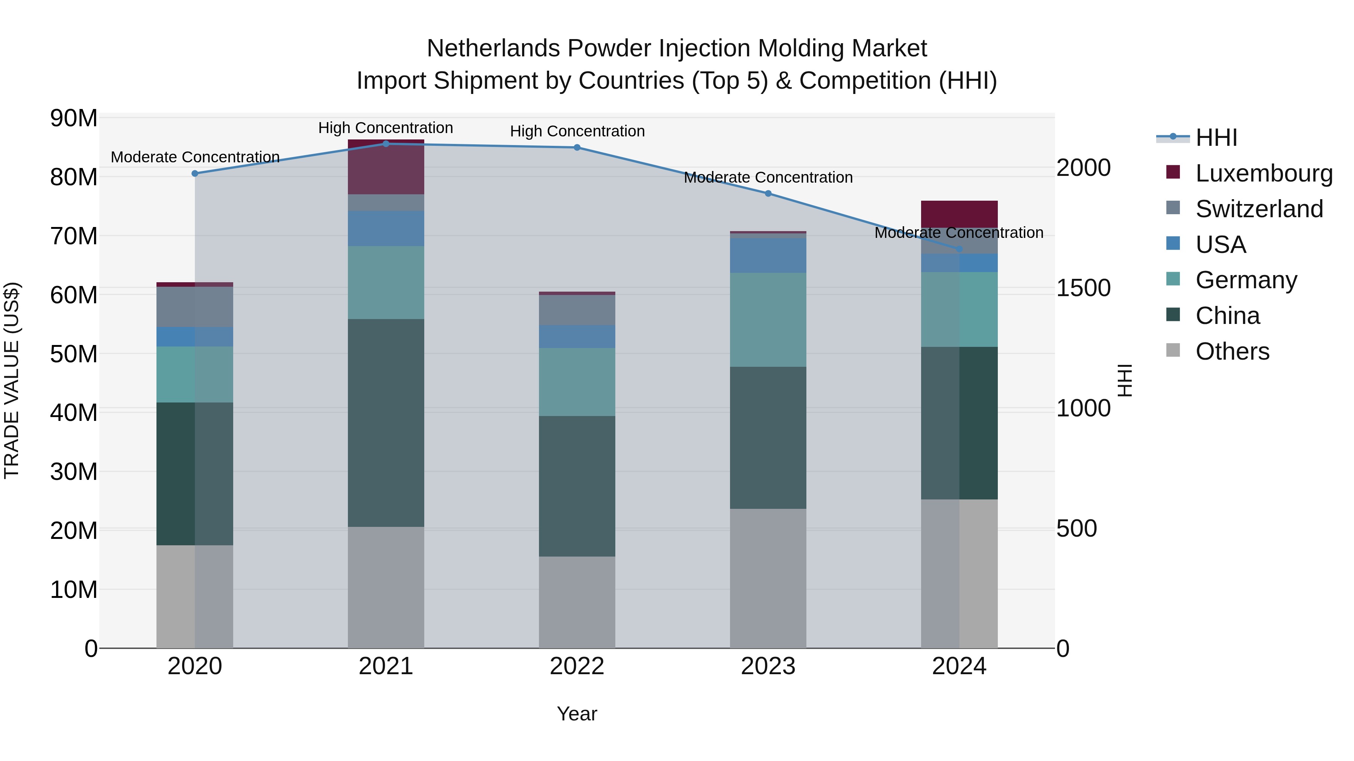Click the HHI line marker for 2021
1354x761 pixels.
pos(386,144)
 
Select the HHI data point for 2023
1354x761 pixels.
pos(768,193)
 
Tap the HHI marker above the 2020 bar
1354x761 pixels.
pos(195,173)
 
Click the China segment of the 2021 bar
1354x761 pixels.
pos(386,423)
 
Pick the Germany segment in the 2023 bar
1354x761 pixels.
pos(768,319)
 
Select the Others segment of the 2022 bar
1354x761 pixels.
pos(577,602)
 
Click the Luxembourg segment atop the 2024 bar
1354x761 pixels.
pos(959,214)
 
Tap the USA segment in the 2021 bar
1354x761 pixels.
pos(386,228)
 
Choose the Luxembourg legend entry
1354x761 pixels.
pos(1264,173)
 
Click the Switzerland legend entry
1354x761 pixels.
pos(1259,209)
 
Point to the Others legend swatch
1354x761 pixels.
pos(1173,350)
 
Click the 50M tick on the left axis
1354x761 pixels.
pos(74,354)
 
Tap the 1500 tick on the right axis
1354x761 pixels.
pos(1083,288)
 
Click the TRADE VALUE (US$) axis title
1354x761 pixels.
pos(12,380)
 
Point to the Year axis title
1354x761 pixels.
pos(577,714)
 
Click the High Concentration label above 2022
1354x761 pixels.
pos(577,131)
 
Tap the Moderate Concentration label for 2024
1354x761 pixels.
pos(959,233)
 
